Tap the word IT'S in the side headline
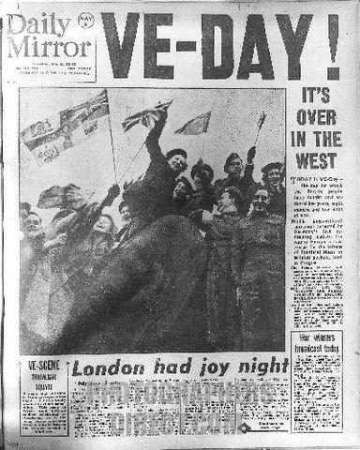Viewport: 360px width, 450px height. click(x=315, y=97)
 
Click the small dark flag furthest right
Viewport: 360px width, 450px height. click(x=261, y=119)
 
